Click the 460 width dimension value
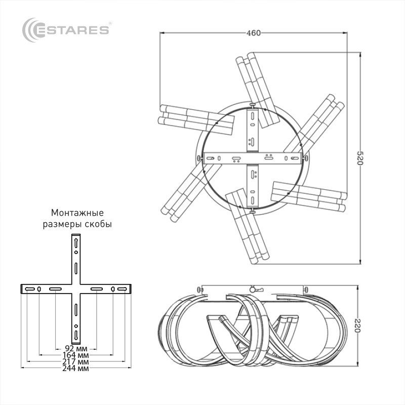coord(253,33)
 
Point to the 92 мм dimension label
coord(76,348)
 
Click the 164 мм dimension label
coord(76,355)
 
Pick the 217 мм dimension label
coord(76,362)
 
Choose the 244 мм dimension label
coord(76,369)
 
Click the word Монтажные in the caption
coord(77,212)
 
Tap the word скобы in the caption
coord(98,223)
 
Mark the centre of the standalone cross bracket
coord(76,289)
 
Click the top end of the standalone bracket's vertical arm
coord(76,236)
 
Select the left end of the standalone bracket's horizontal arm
coord(22,289)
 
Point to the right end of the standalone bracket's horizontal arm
coord(130,289)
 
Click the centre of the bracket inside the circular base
coord(253,158)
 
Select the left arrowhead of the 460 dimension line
coord(161,33)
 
